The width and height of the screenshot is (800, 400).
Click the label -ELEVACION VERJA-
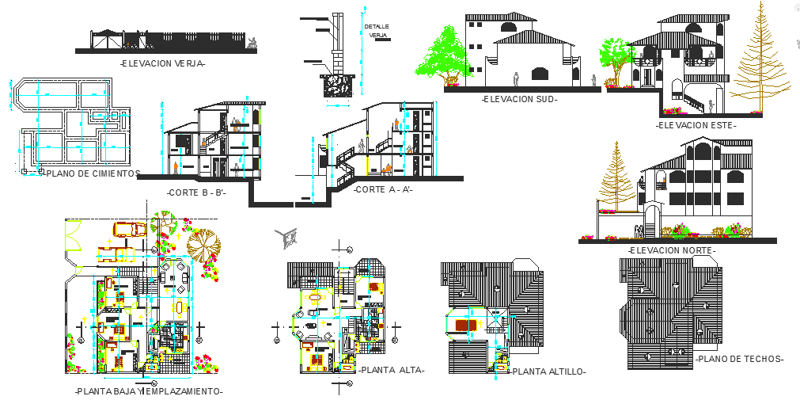(161, 63)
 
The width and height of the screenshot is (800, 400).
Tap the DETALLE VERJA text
(377, 31)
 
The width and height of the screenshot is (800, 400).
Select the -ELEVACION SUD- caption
(519, 99)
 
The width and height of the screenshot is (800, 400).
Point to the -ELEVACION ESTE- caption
(696, 124)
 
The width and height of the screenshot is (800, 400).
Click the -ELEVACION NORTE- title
(672, 250)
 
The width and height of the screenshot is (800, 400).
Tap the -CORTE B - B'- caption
(196, 192)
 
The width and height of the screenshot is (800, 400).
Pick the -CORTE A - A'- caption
(382, 190)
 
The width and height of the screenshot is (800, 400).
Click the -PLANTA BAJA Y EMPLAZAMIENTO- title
(148, 391)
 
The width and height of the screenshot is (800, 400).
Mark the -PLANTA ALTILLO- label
(548, 371)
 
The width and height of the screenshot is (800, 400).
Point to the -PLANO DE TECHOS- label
(739, 359)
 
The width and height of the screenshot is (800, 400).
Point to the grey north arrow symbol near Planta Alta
(286, 236)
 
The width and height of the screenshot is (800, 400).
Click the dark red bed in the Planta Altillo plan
(466, 325)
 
